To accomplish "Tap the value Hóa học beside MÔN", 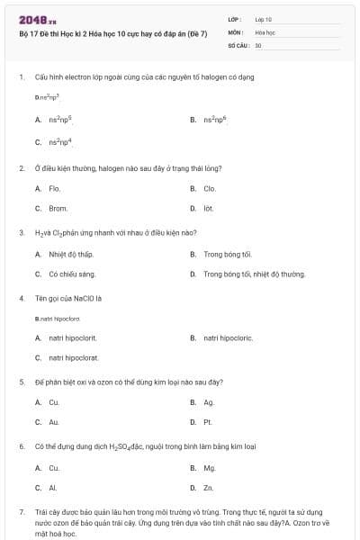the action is coord(265,31).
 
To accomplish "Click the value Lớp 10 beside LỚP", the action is coord(263,18).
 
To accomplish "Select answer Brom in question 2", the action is coord(58,208).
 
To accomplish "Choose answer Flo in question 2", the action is coord(54,188).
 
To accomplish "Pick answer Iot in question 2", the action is coord(209,208).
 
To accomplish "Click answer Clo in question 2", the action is coord(210,188).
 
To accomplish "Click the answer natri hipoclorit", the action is coord(73,337).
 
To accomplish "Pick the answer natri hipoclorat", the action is coord(74,357).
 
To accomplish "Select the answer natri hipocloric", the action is coord(229,337).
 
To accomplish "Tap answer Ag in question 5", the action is coord(209,401).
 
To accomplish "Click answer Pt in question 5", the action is coord(208,421).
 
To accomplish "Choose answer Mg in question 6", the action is coord(210,467).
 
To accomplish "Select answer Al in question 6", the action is coord(53,487).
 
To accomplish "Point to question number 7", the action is coord(21,511).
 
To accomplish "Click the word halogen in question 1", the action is coord(195,76).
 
